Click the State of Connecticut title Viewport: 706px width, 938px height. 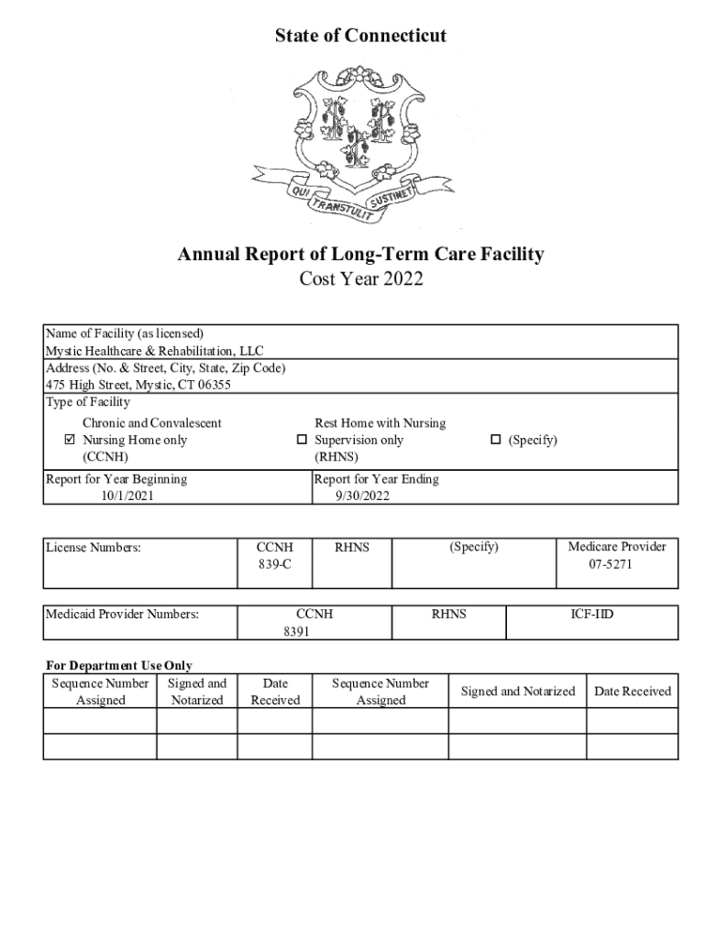[x=360, y=36]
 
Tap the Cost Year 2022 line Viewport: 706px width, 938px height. [x=361, y=279]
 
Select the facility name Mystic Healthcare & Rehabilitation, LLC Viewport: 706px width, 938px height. [x=155, y=351]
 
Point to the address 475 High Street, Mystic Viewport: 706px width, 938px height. [x=138, y=385]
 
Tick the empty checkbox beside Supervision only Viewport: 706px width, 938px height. [x=301, y=441]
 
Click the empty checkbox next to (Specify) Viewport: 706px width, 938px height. [x=496, y=441]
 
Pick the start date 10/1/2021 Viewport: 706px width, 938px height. [x=127, y=496]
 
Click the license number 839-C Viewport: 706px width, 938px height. [x=275, y=564]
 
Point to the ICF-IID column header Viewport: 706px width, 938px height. [x=591, y=615]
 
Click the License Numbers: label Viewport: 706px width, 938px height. [x=94, y=548]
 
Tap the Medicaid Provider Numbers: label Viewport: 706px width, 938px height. [x=123, y=615]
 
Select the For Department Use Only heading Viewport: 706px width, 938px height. [x=119, y=666]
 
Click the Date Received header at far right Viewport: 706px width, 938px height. [x=632, y=692]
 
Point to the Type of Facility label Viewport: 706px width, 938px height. [x=88, y=402]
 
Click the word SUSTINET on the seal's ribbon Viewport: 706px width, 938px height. [x=393, y=196]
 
